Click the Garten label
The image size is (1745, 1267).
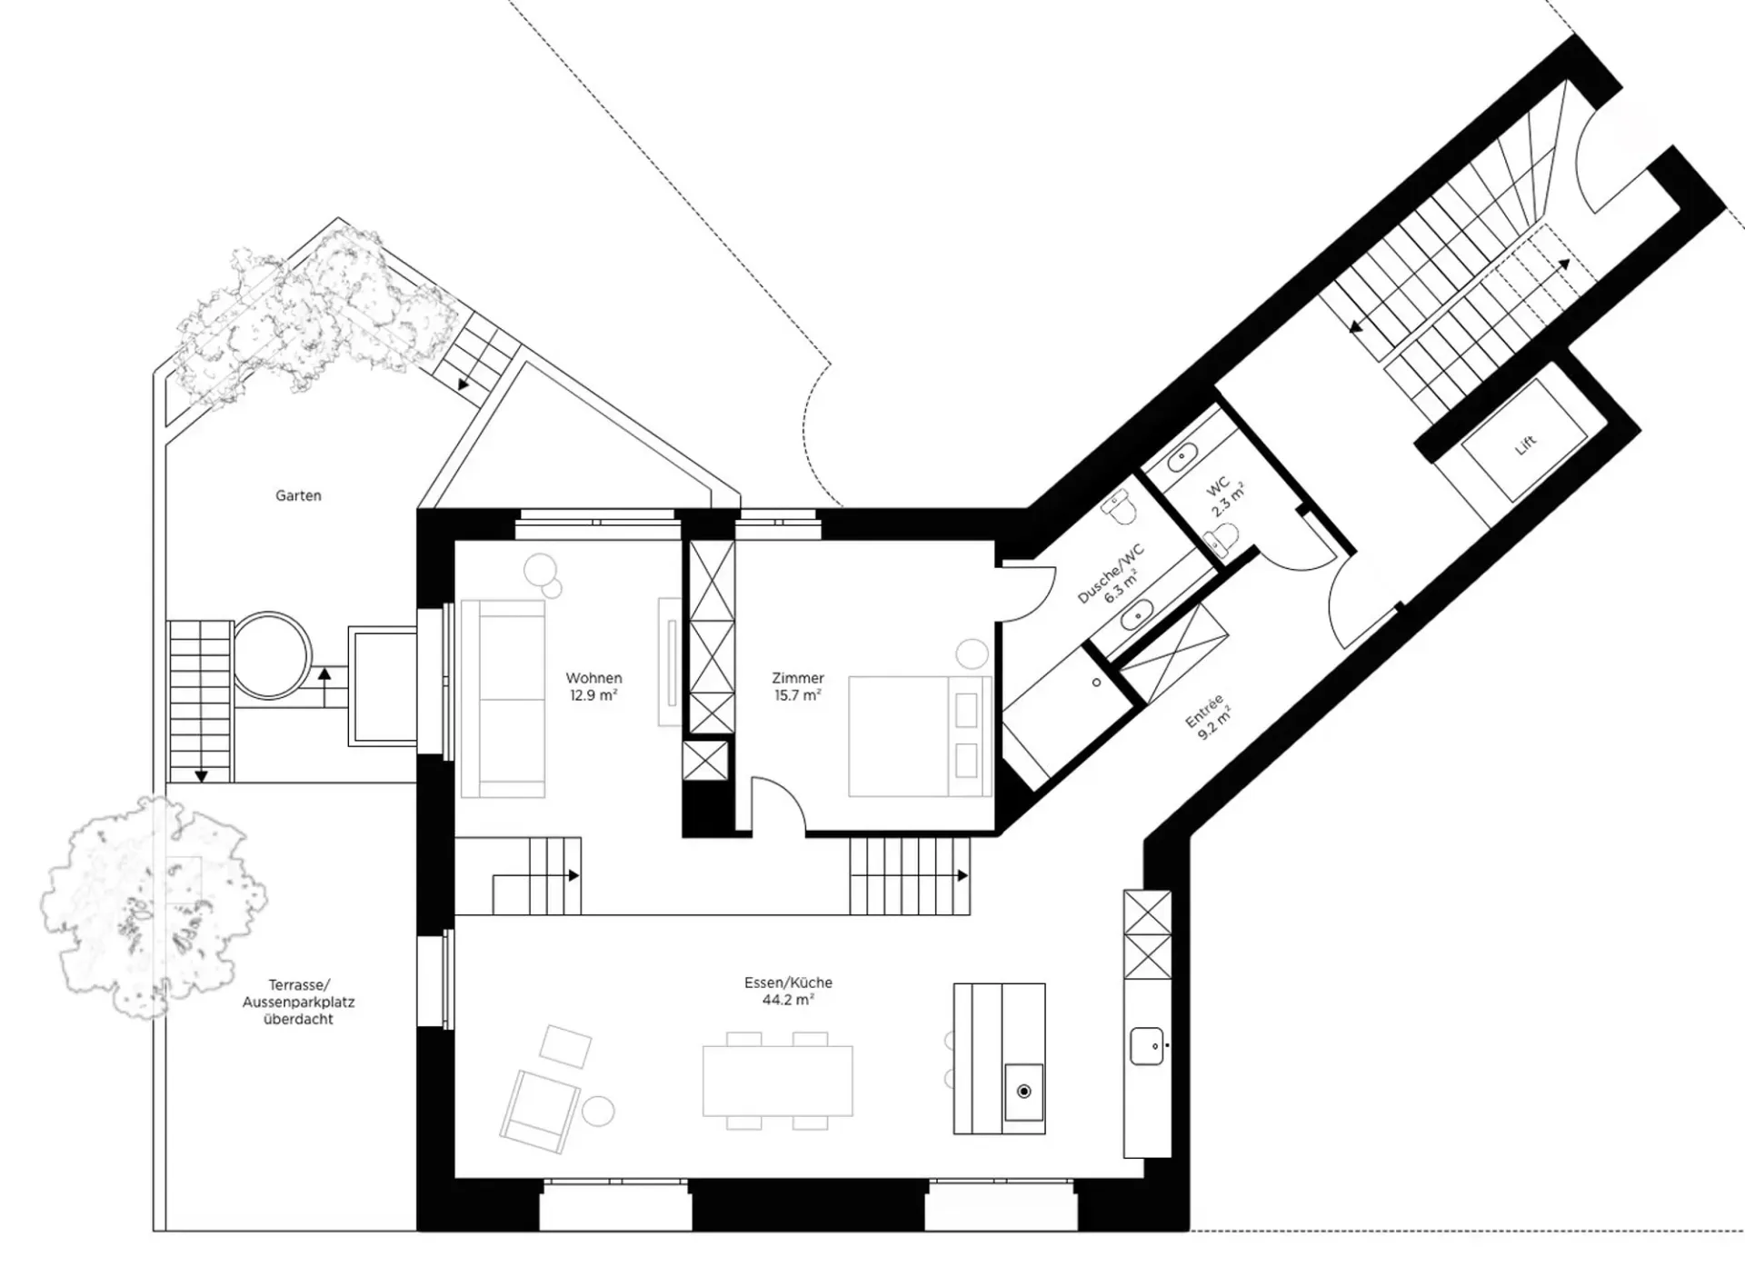(298, 495)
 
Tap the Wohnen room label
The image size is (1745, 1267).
(593, 678)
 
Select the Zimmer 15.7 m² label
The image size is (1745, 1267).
(797, 686)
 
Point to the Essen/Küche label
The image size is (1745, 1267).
(788, 983)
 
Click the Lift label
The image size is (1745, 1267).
(1526, 444)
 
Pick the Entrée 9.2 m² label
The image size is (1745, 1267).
(1210, 715)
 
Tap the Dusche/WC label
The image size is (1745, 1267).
(1110, 574)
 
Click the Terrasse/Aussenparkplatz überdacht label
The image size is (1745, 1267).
(298, 1002)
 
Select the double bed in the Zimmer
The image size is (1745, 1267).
(920, 736)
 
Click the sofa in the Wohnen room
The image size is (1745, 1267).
(504, 699)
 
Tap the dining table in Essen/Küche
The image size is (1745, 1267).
(778, 1081)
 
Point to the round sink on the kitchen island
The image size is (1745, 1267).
(1024, 1091)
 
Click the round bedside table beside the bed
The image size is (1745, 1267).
(972, 654)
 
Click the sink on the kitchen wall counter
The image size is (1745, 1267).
(1147, 1046)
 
